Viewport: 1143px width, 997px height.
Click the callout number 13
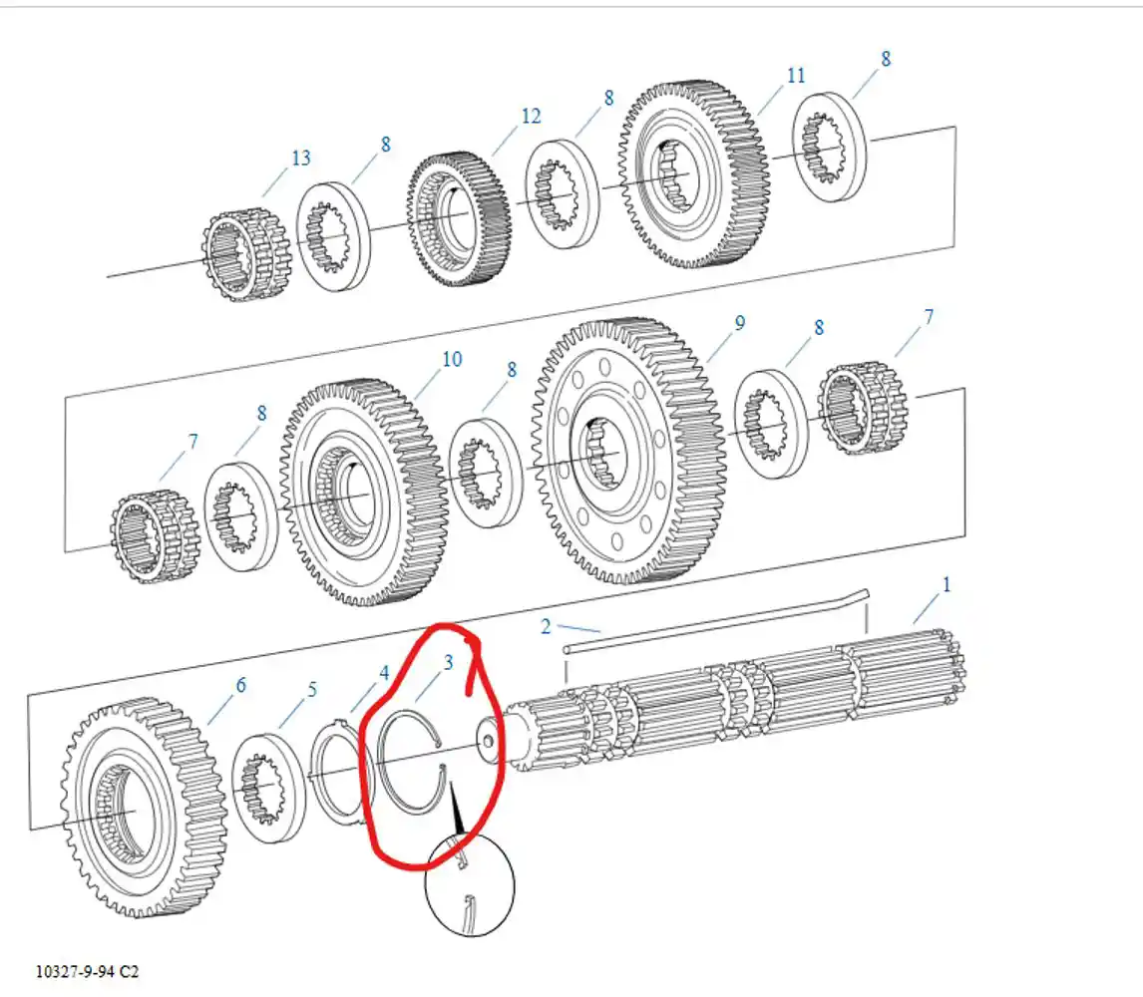[300, 158]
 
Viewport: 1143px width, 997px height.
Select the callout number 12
[531, 116]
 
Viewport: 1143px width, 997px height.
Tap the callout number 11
[796, 75]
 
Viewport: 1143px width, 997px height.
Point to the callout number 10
[452, 359]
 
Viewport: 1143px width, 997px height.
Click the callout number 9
[740, 322]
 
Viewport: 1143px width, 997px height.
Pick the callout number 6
[240, 685]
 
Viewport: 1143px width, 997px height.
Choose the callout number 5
[312, 689]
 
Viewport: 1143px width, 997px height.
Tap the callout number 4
[384, 673]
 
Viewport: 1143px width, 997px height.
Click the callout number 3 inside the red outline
[448, 662]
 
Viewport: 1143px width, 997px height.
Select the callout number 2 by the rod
[546, 626]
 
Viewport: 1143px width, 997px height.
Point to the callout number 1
[947, 584]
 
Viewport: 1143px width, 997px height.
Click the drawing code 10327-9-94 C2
[87, 971]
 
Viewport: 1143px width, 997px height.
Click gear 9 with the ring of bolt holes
[628, 451]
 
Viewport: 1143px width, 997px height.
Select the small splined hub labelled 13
[245, 255]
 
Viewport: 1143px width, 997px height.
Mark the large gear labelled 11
[693, 174]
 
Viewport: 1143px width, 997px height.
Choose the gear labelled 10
[363, 493]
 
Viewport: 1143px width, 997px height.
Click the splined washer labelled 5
[268, 789]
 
